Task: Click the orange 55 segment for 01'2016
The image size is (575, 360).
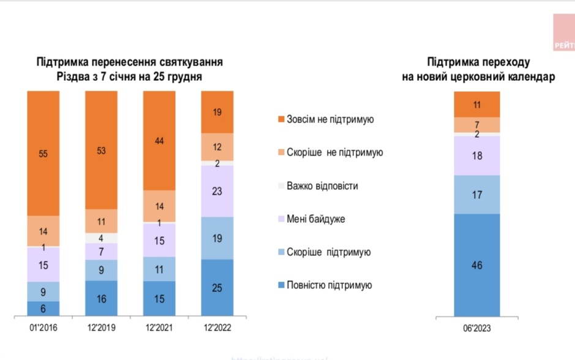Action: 43,153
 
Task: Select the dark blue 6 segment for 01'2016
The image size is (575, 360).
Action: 43,309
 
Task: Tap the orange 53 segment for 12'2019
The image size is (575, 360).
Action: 101,150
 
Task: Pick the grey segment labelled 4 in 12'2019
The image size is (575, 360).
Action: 101,238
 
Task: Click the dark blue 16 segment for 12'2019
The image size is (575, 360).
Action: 101,299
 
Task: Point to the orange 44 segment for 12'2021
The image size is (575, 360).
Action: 159,141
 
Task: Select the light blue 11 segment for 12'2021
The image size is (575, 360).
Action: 159,269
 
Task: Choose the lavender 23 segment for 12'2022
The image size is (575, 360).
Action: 217,191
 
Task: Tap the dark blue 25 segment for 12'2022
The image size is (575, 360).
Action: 217,288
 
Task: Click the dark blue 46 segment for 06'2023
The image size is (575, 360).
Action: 477,265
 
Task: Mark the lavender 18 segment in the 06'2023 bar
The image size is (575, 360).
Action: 477,156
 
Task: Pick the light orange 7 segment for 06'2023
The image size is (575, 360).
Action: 477,124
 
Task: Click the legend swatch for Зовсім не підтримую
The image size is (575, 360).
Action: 280,119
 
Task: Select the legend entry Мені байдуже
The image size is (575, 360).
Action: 316,219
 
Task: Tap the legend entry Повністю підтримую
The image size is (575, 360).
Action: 329,285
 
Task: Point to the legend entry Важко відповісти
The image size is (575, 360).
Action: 322,186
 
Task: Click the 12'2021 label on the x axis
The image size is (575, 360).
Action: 159,328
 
